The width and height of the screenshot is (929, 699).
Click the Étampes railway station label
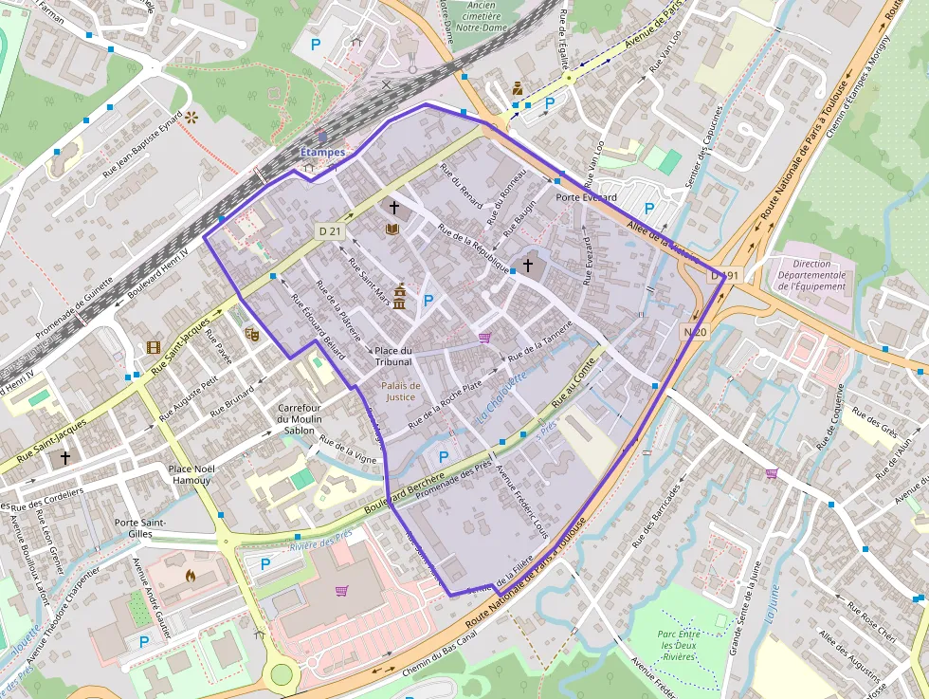pyautogui.click(x=322, y=152)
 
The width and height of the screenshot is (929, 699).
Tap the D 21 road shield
pyautogui.click(x=329, y=231)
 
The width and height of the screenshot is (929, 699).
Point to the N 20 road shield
pyautogui.click(x=694, y=331)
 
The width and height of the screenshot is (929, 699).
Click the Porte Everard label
pyautogui.click(x=586, y=197)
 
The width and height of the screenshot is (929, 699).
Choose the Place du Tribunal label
pyautogui.click(x=393, y=356)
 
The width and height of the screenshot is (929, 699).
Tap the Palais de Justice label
pyautogui.click(x=401, y=391)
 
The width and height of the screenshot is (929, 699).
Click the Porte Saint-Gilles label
pyautogui.click(x=140, y=528)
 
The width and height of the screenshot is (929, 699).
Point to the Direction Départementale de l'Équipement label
pyautogui.click(x=805, y=275)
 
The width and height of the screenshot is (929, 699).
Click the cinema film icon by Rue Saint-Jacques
pyautogui.click(x=154, y=347)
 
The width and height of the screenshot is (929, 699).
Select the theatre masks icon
pyautogui.click(x=251, y=333)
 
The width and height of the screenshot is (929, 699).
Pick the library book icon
pyautogui.click(x=392, y=229)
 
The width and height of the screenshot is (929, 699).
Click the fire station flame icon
pyautogui.click(x=190, y=575)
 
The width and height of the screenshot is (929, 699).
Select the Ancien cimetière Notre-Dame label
pyautogui.click(x=483, y=14)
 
